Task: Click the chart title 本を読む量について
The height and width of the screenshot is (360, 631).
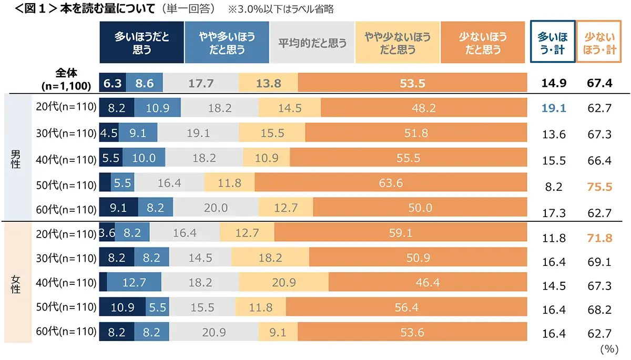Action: point(105,9)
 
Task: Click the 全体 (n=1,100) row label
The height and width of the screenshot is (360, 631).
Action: point(66,78)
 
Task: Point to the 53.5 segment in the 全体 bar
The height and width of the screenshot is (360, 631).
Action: point(412,83)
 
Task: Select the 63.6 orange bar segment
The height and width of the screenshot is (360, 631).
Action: point(390,182)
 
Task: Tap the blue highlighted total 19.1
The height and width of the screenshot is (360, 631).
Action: point(553,108)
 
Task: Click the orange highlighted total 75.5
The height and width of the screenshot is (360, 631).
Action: point(599,187)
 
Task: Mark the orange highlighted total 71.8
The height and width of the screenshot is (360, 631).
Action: point(599,238)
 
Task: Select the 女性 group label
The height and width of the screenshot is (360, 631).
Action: point(16,282)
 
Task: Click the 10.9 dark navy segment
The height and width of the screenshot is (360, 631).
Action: point(122,307)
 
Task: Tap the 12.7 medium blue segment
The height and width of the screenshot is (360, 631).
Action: point(134,282)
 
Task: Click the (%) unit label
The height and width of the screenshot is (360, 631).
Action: point(610,349)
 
